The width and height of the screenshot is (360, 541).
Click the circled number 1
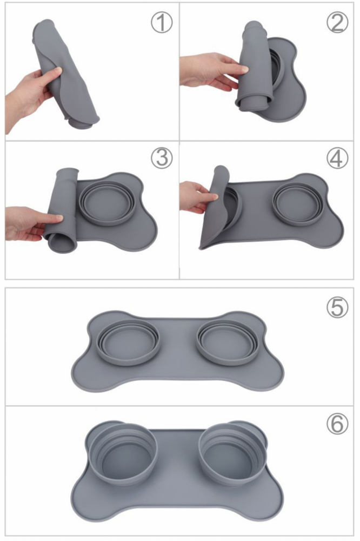pos(162,23)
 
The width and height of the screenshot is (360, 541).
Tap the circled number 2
pos(337,22)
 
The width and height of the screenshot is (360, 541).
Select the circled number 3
pos(162,157)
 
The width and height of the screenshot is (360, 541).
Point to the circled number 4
pos(337,157)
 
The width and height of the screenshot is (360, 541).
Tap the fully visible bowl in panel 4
pos(298,204)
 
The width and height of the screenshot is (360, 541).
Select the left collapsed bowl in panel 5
pos(128,342)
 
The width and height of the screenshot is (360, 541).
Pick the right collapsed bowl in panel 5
pos(227,342)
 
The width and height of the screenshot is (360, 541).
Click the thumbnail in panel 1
pos(57,71)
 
